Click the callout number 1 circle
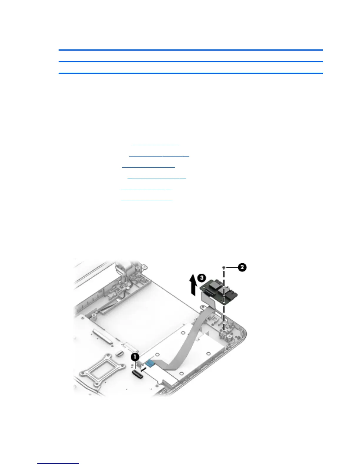(x=135, y=357)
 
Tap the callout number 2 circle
(x=242, y=267)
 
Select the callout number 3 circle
(x=201, y=277)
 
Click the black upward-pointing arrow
(x=192, y=284)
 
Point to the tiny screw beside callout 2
(x=224, y=267)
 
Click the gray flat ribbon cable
(x=188, y=338)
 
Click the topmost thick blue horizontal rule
(x=191, y=50)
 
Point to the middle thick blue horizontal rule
(x=191, y=61)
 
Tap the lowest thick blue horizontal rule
(x=191, y=73)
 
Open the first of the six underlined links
(x=155, y=144)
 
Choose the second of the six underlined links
(x=159, y=156)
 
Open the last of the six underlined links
(x=147, y=200)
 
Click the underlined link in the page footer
(x=58, y=463)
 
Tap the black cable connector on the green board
(x=210, y=293)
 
